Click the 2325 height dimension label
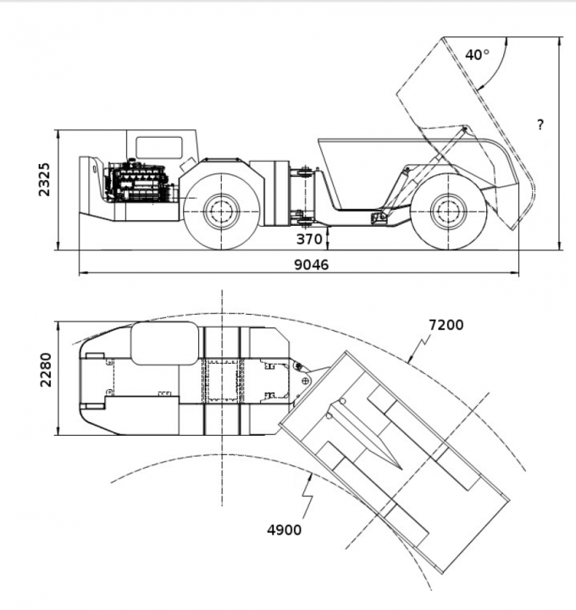[47, 179]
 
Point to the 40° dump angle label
[477, 55]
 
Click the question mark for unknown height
[540, 125]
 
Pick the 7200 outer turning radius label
[446, 325]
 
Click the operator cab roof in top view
[166, 343]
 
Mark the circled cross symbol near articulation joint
[304, 382]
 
